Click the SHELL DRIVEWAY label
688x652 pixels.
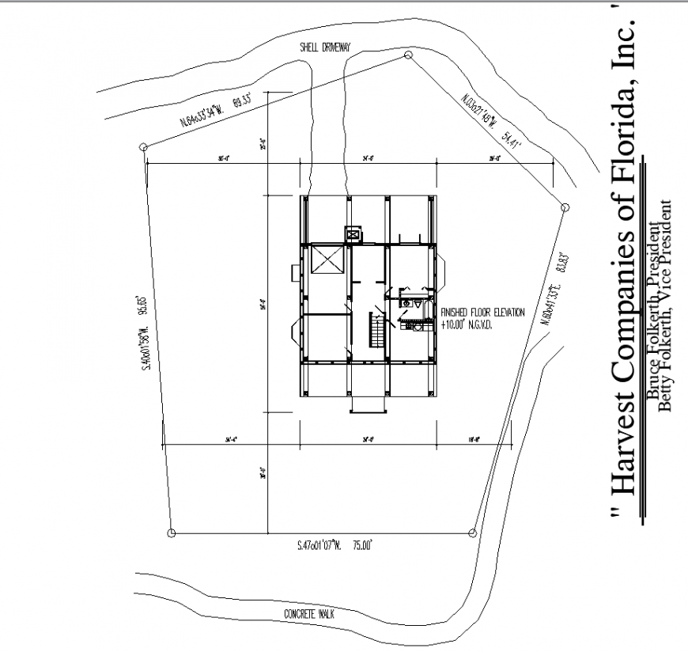coord(324,47)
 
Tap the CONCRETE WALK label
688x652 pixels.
coord(311,614)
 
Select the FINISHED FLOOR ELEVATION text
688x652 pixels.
coord(483,313)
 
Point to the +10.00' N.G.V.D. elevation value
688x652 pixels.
coord(467,324)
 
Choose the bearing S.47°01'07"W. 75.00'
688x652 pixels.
coord(334,545)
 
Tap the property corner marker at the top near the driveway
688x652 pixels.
coord(408,55)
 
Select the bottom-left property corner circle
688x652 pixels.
coord(171,533)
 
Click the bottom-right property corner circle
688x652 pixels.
coord(472,533)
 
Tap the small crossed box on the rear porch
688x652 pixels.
coord(352,234)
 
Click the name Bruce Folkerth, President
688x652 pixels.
coord(653,312)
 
